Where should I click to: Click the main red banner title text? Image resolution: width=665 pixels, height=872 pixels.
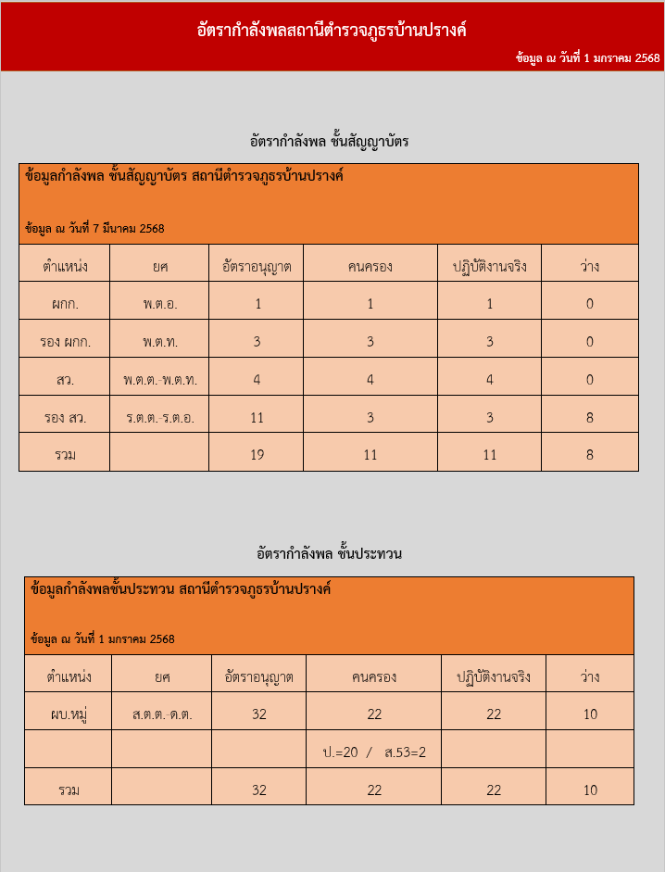point(332,31)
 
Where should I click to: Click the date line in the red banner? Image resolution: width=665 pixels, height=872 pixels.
point(588,58)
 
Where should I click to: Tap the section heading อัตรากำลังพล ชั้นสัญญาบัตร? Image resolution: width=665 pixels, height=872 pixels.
point(329,142)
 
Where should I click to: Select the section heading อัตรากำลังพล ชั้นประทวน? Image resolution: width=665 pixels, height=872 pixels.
point(329,554)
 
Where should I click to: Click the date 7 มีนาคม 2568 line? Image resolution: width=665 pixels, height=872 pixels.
point(94,229)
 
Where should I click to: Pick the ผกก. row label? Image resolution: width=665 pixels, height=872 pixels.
point(65,304)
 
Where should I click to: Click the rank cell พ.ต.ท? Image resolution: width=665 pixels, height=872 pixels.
point(160,342)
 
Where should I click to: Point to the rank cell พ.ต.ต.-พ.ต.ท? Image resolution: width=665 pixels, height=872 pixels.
point(160,380)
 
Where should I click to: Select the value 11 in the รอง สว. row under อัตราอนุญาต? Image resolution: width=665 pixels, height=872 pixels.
point(257,418)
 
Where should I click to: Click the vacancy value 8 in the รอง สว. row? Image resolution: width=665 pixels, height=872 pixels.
point(590,418)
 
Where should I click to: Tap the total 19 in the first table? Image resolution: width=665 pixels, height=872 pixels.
point(257,455)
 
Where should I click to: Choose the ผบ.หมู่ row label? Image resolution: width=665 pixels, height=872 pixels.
point(69,714)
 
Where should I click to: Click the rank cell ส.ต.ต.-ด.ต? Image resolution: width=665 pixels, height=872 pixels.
point(162,714)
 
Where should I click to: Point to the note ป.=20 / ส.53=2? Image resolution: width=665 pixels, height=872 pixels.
point(374,752)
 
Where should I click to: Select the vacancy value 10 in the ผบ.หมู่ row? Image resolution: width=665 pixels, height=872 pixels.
point(590,714)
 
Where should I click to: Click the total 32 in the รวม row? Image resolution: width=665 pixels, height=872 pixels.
point(258,790)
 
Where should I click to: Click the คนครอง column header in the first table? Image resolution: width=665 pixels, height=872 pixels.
point(370,267)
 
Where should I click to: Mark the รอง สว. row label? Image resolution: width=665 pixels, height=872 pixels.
point(65,418)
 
